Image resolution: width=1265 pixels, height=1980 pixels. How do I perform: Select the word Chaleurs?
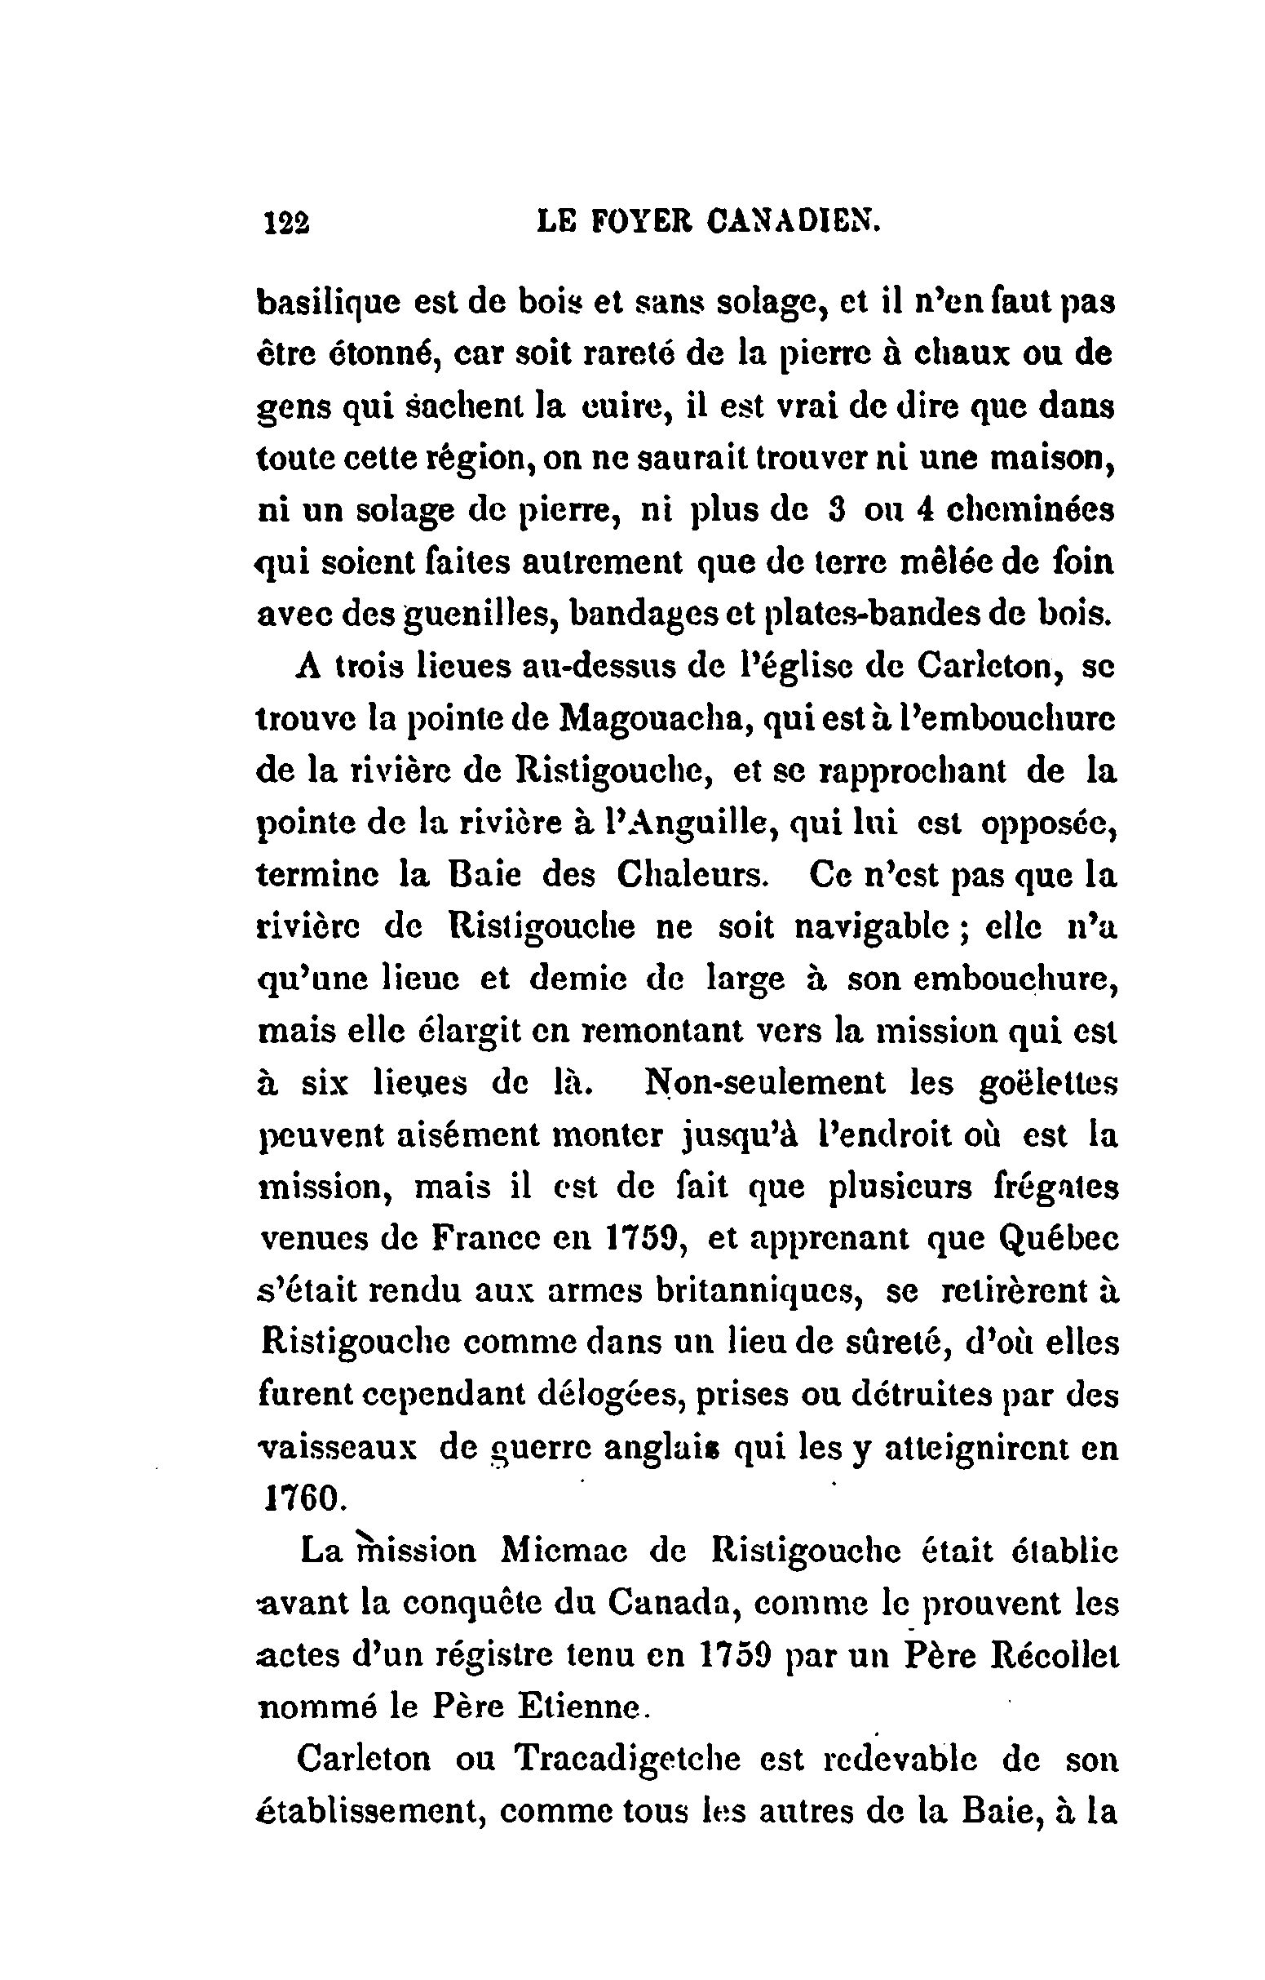[x=691, y=875]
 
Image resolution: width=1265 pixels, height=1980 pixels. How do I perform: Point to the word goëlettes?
[x=1049, y=1083]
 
